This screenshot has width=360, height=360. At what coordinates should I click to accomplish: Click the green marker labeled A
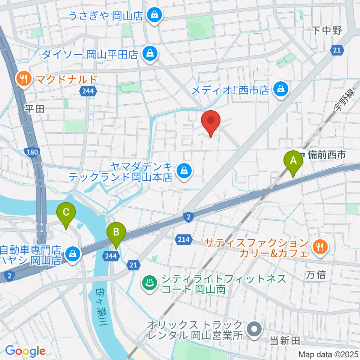coord(294,162)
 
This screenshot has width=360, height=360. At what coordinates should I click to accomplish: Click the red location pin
coord(211,121)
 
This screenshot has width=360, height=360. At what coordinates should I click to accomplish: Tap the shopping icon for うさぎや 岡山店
coord(154,15)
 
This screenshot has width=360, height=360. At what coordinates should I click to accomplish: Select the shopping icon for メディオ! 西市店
coord(280,89)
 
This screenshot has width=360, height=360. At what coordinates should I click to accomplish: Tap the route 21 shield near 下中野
coord(337,50)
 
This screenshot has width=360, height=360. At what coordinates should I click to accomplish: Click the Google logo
coord(25,351)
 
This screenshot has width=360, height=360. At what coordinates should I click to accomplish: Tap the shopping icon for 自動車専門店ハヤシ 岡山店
coord(71,254)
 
